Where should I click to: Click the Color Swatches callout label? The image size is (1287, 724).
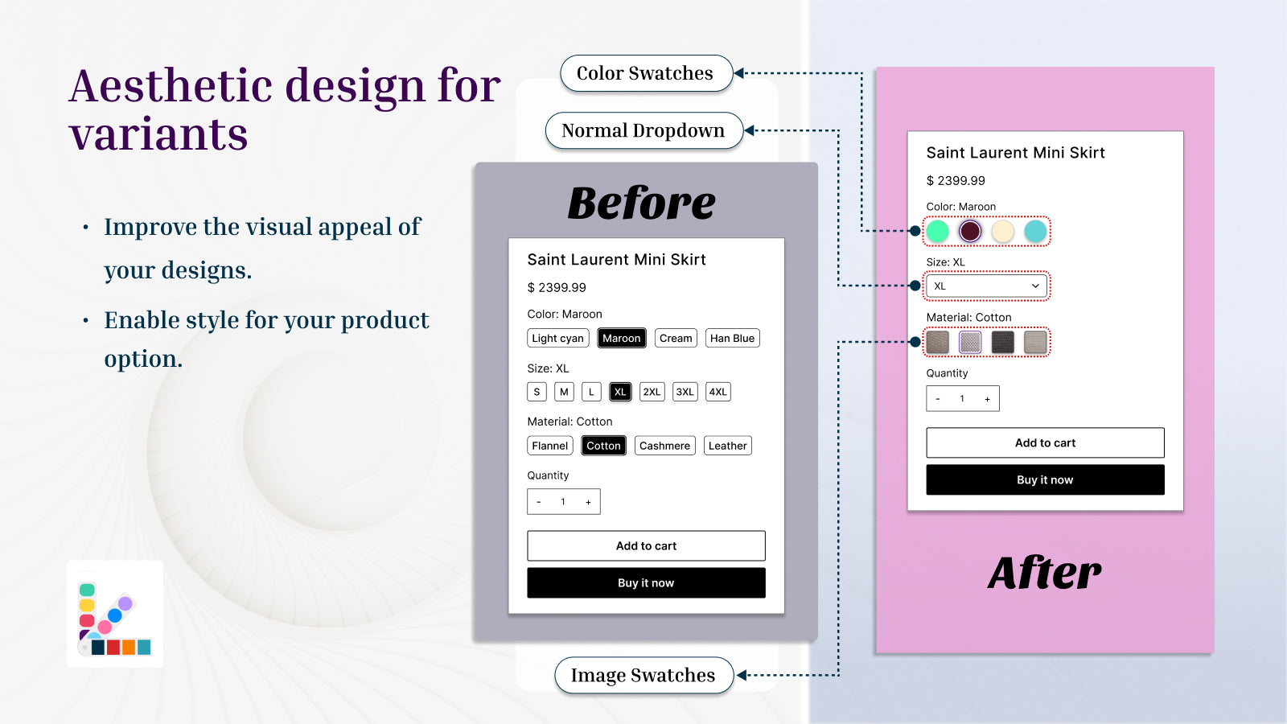tap(647, 73)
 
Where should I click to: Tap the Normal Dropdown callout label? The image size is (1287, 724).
tap(644, 130)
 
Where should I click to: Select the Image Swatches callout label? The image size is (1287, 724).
tap(644, 675)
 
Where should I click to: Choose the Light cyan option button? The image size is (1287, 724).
tap(558, 338)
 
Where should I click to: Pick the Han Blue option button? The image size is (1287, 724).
tap(733, 338)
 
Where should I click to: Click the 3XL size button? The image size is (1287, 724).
tap(685, 392)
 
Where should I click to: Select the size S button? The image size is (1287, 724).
tap(537, 392)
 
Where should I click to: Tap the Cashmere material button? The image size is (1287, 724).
tap(664, 446)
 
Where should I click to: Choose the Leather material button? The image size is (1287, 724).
tap(727, 446)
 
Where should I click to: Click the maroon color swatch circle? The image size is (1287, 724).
tap(970, 231)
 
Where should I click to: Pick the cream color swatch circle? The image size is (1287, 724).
tap(1003, 231)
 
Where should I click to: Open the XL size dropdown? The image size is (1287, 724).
tap(986, 286)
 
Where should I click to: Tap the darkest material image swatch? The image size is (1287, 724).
tap(1003, 342)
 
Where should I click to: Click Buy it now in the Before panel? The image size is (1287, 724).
tap(647, 582)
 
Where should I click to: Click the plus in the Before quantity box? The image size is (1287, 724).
tap(588, 502)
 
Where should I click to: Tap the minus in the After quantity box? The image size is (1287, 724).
tap(938, 399)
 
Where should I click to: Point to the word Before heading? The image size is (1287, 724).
tap(642, 203)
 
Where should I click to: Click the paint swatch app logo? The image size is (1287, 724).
tap(115, 615)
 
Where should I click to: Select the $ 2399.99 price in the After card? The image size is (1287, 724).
tap(956, 180)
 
